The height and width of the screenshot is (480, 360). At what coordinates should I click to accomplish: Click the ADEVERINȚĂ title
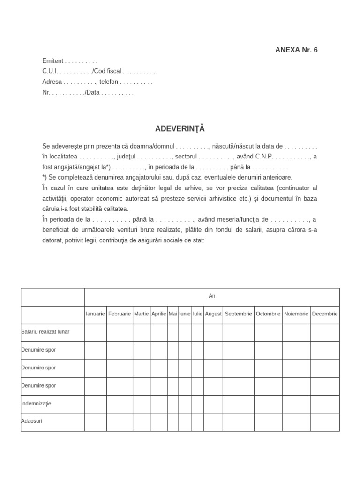pos(180,128)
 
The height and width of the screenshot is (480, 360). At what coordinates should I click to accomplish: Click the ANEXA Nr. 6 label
pos(296,50)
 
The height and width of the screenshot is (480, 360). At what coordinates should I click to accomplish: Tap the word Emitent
pos(52,61)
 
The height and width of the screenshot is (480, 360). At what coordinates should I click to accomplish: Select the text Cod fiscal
pos(107,71)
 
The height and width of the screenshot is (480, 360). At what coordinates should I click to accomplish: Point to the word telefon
pos(109,82)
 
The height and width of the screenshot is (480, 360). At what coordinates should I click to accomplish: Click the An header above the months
pos(212,296)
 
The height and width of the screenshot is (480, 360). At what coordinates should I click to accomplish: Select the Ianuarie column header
pos(96,314)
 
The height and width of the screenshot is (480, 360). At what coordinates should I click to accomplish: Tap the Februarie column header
pos(120,314)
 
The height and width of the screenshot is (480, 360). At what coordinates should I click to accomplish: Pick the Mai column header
pos(173,314)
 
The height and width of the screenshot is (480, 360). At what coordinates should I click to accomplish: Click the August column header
pos(213,314)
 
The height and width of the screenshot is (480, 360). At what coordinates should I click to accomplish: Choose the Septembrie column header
pos(239,314)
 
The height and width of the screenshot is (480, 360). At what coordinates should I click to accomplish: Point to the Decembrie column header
pos(325,314)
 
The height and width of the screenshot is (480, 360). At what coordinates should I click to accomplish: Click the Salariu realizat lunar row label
pos(45,332)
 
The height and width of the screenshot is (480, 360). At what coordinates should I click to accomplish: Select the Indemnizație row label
pos(37,404)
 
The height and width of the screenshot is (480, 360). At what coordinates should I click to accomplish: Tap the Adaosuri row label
pos(32,421)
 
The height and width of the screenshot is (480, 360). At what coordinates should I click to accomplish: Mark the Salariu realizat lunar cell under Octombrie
pos(268,332)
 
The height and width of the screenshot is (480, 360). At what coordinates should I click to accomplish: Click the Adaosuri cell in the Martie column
pos(142,422)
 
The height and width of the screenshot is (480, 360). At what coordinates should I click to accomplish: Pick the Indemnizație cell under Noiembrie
pos(296,404)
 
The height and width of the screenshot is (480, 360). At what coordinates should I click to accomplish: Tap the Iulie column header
pos(197,314)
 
